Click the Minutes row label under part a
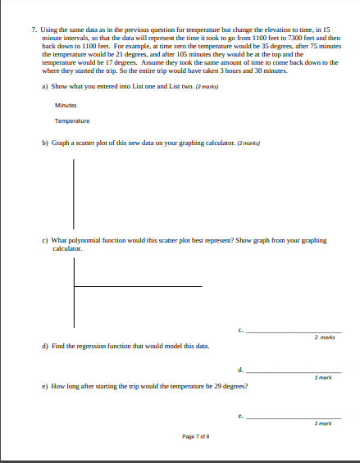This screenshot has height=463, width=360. click(66, 105)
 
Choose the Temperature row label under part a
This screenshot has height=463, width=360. click(72, 121)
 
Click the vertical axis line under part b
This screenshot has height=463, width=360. click(74, 193)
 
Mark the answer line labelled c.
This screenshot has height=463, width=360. click(293, 331)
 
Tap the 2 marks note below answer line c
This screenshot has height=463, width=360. click(323, 338)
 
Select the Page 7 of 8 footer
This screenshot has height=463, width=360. click(196, 437)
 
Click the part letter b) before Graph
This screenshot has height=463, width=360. click(44, 143)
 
